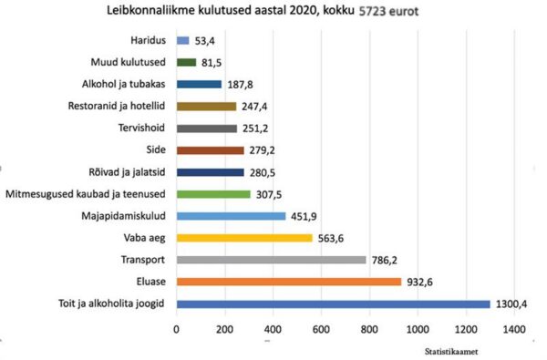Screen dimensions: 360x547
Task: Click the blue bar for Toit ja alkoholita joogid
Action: point(333,303)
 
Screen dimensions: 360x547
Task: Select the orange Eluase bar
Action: point(288,282)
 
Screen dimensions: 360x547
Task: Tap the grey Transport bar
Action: point(271,260)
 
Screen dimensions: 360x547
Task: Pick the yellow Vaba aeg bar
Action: point(243,238)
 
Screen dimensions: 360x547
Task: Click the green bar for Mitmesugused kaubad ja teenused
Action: point(212,194)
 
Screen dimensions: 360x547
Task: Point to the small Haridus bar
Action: point(182,40)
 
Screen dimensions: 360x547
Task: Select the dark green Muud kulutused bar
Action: point(186,62)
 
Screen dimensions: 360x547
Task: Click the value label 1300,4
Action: point(513,303)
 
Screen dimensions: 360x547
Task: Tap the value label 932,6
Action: point(420,282)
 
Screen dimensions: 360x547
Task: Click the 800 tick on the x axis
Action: point(369,328)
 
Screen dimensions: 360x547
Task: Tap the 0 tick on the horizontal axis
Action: point(176,328)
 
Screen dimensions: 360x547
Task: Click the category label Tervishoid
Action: point(143,128)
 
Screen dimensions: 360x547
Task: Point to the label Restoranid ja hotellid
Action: point(118,106)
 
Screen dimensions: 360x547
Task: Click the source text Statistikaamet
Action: point(453,350)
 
